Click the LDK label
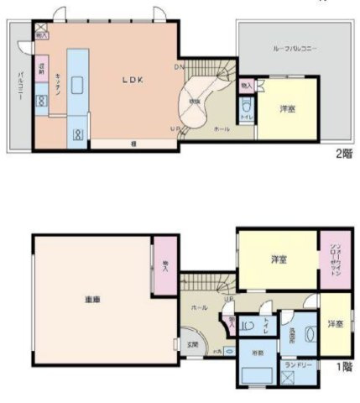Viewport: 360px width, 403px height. (x=133, y=81)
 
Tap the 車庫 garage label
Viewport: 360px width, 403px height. (x=92, y=298)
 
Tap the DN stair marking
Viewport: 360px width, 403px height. (x=179, y=66)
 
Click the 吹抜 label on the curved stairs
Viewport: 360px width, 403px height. (x=195, y=101)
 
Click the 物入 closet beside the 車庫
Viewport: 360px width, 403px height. (x=164, y=267)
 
